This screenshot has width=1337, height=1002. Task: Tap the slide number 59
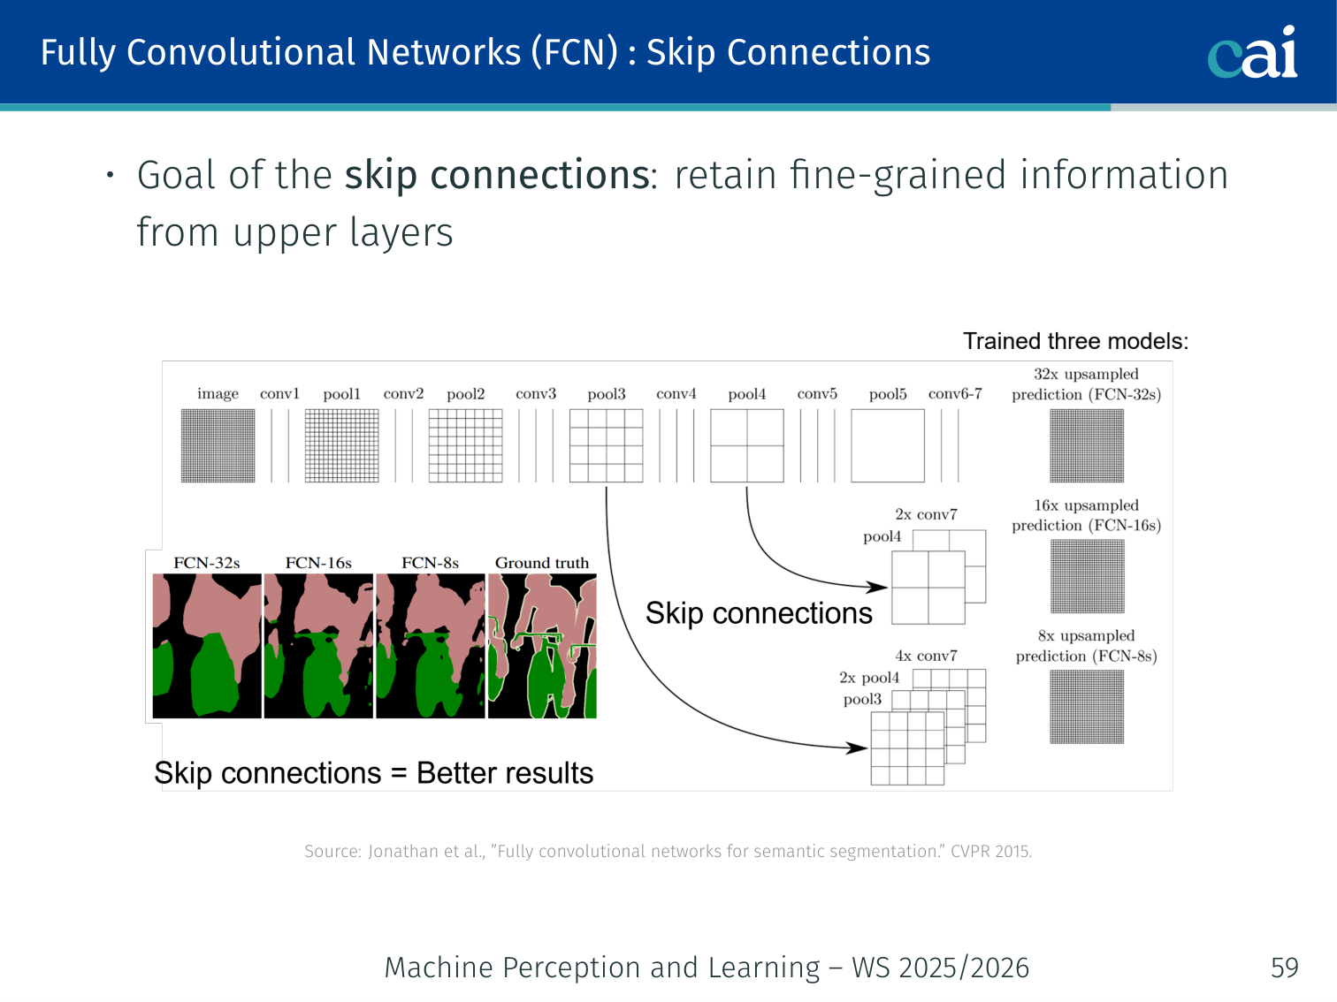tap(1285, 968)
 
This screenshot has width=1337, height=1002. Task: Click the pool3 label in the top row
tap(606, 394)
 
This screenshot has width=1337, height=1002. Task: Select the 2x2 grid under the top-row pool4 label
tap(747, 446)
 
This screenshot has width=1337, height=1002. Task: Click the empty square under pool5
tap(888, 446)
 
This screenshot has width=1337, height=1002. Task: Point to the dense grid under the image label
tap(218, 446)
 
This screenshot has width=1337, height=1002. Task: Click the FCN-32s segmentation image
tap(207, 646)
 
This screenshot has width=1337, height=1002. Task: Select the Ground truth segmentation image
tap(542, 646)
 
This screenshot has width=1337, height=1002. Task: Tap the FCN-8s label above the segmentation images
tap(430, 563)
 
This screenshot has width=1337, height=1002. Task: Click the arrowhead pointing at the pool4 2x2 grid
tap(878, 587)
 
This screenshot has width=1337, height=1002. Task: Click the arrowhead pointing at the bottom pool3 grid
tap(857, 748)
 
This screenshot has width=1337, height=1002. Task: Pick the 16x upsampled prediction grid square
tap(1088, 576)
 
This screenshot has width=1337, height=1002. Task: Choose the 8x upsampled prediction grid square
tap(1087, 707)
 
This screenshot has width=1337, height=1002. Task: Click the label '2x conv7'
tap(926, 514)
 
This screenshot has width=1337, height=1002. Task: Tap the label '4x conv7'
tap(926, 656)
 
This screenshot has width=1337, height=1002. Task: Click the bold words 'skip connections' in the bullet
tap(498, 176)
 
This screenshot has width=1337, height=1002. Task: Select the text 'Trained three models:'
tap(1075, 341)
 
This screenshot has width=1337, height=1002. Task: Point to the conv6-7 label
tap(955, 393)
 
